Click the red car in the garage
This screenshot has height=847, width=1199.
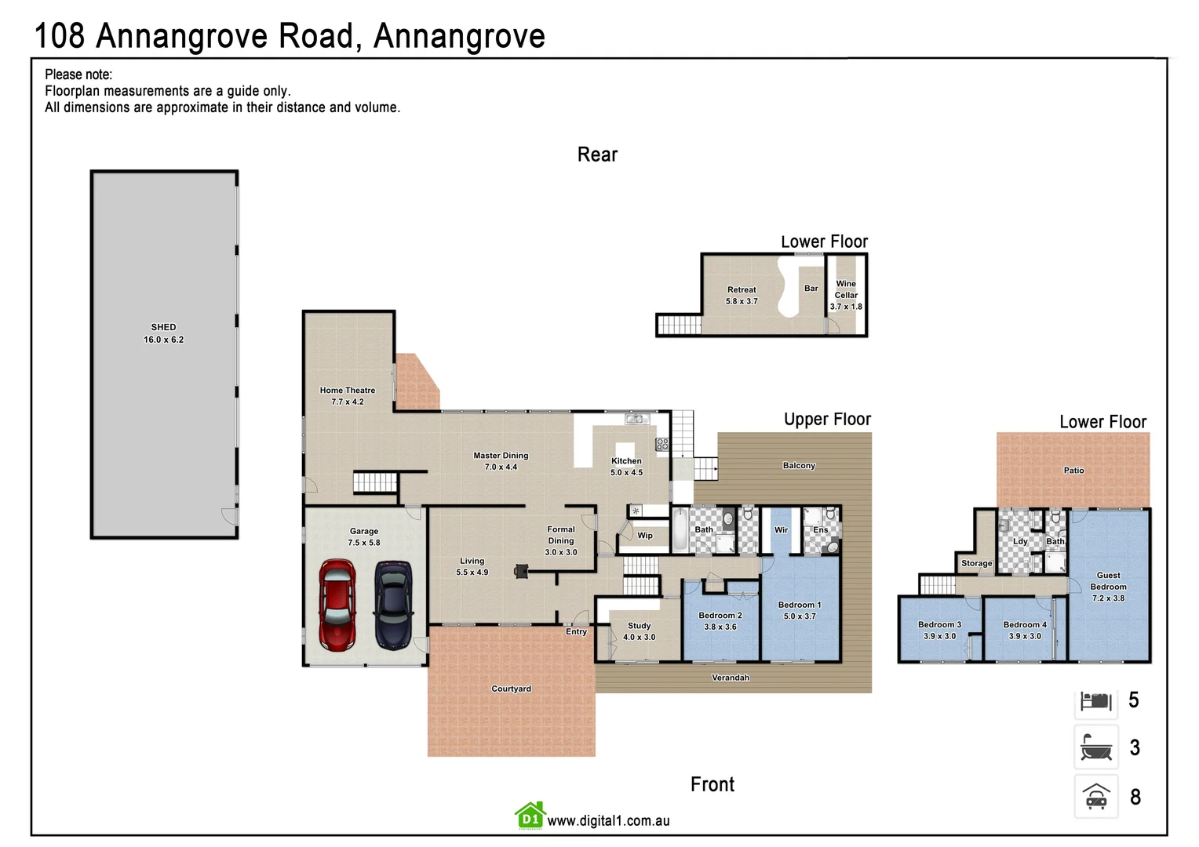[x=337, y=605]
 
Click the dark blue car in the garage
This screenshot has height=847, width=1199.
[x=393, y=605]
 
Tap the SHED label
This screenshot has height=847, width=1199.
[x=163, y=328]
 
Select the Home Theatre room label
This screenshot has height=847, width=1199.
[x=347, y=391]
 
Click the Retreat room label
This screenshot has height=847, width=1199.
[x=742, y=290]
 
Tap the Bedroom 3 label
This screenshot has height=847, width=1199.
[x=939, y=625]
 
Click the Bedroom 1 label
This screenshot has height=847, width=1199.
[x=800, y=605]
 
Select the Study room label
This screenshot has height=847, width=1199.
[x=639, y=626]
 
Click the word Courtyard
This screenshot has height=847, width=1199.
[x=511, y=689]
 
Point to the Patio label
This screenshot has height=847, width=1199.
[x=1073, y=471]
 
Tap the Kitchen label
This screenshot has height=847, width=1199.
[x=626, y=461]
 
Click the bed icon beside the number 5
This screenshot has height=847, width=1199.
[x=1095, y=700]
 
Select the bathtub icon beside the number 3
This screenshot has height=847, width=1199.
[x=1095, y=747]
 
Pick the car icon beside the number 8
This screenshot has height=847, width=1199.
[x=1095, y=797]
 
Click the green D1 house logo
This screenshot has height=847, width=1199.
[x=530, y=816]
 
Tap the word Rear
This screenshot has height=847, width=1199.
[x=597, y=154]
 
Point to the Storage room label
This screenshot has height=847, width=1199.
[x=976, y=563]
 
